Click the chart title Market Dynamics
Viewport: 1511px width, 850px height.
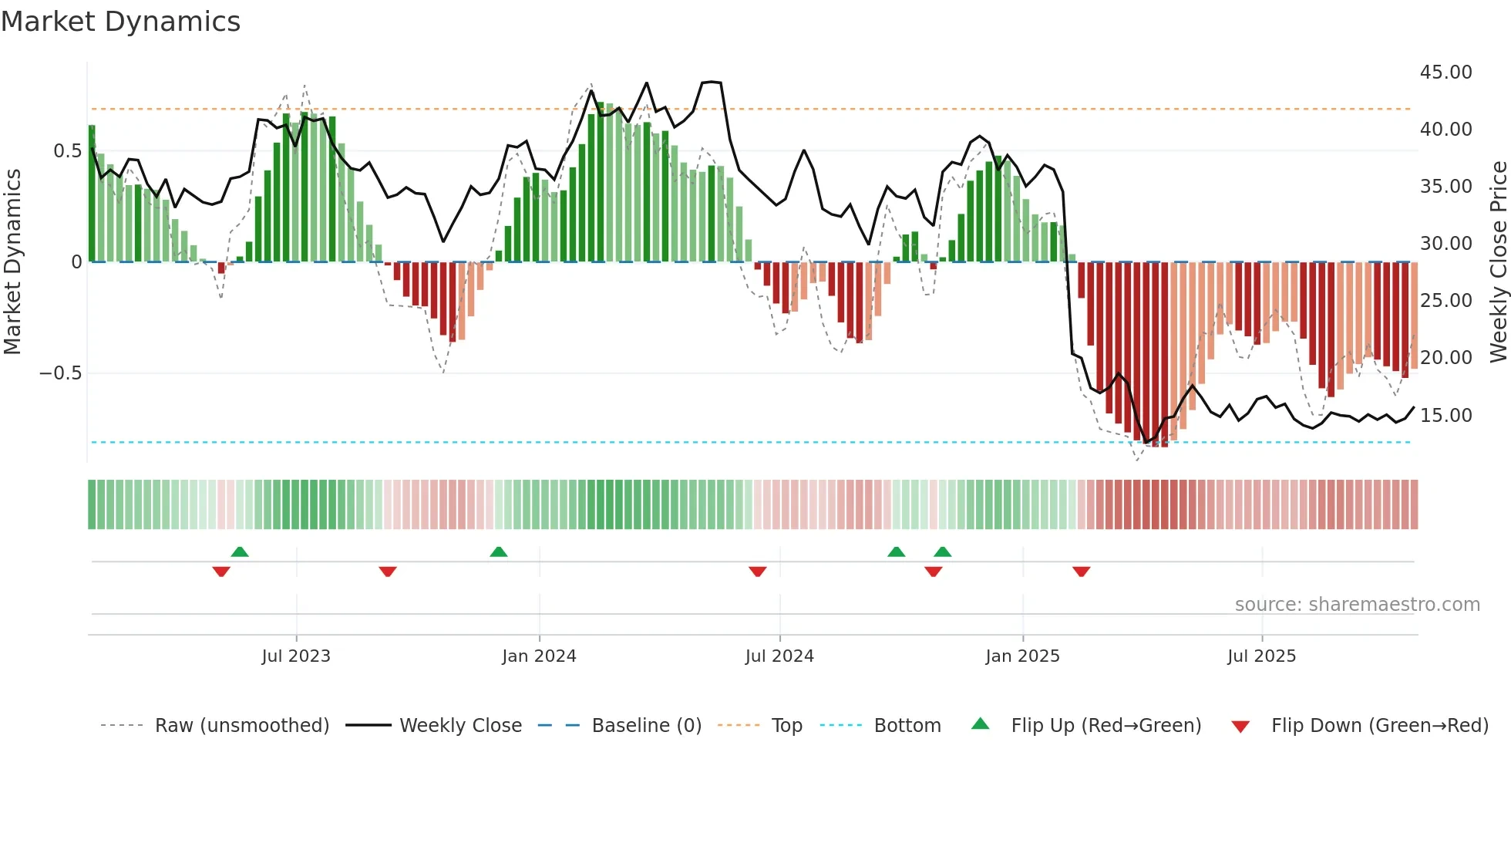pos(120,22)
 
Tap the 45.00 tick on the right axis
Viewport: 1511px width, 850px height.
pos(1445,73)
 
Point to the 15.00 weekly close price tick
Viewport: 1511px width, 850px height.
pos(1445,416)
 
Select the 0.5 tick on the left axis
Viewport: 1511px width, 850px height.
pos(67,151)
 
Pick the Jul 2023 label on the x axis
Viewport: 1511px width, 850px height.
pos(296,656)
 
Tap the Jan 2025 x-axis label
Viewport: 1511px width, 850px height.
pos(1022,656)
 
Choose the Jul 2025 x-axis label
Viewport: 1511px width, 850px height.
pos(1261,656)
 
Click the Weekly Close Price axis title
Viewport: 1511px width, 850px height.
pos(1498,262)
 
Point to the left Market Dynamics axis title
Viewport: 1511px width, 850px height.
pos(12,262)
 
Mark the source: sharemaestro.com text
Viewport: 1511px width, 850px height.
pos(1357,605)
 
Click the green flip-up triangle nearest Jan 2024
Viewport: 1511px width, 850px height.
pos(499,551)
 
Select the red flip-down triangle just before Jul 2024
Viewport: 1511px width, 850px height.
pos(758,572)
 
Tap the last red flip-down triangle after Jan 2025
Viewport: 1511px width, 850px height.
pos(1081,572)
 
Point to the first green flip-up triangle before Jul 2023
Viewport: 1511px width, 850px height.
pos(240,551)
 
